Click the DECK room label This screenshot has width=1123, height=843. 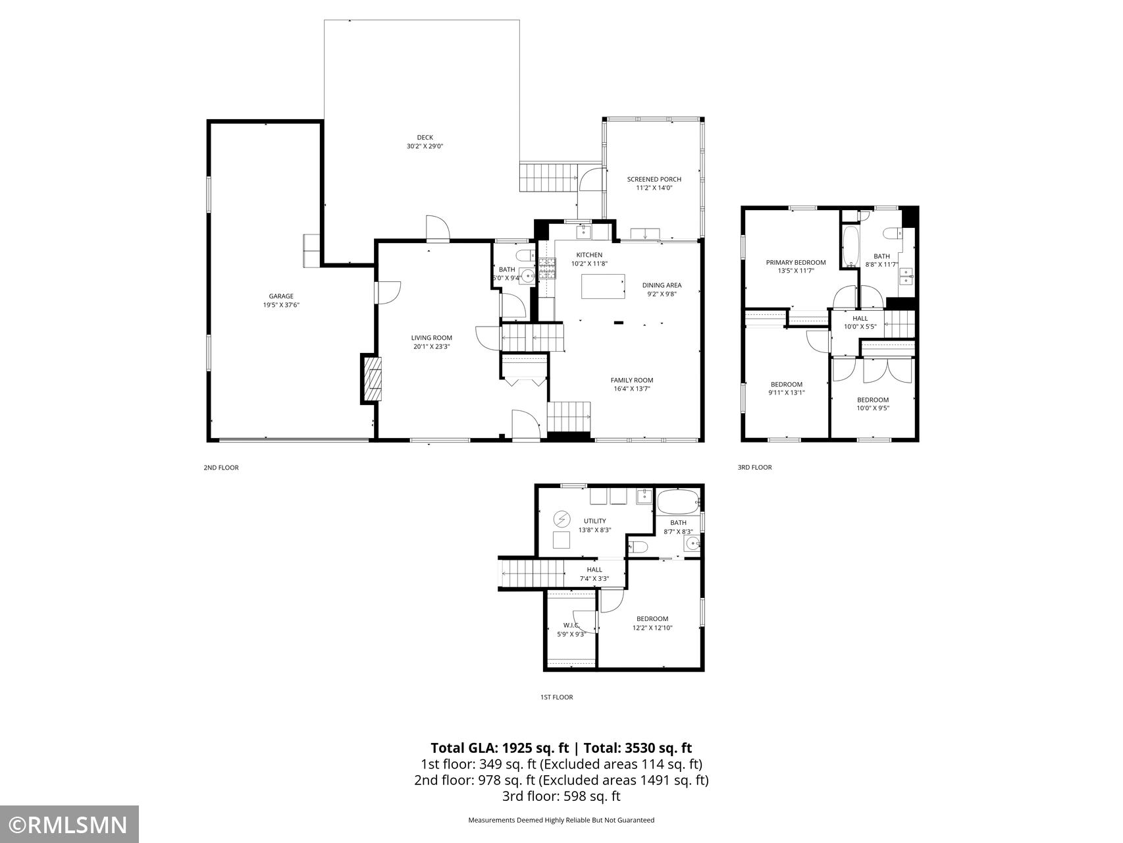click(425, 138)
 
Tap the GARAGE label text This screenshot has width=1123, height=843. click(281, 296)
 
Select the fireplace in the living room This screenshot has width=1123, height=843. click(371, 379)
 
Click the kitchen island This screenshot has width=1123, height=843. click(603, 286)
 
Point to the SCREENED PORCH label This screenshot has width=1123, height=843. click(654, 179)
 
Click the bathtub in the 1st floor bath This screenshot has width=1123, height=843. click(678, 503)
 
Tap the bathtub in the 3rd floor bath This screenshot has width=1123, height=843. click(850, 247)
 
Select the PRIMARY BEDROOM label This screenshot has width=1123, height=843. click(795, 262)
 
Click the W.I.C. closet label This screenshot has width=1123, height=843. click(571, 626)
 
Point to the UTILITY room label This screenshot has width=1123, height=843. click(594, 521)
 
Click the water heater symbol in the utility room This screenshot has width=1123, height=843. click(561, 520)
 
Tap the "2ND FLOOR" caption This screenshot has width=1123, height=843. click(221, 468)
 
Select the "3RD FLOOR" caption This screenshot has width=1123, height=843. click(754, 468)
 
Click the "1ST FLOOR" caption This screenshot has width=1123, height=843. click(556, 697)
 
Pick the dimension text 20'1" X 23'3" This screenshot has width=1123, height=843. click(432, 346)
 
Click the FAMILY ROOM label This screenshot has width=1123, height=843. click(632, 380)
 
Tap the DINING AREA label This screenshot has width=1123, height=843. click(662, 285)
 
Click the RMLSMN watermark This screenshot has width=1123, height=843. click(68, 825)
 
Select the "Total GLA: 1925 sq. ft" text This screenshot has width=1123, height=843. click(500, 748)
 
